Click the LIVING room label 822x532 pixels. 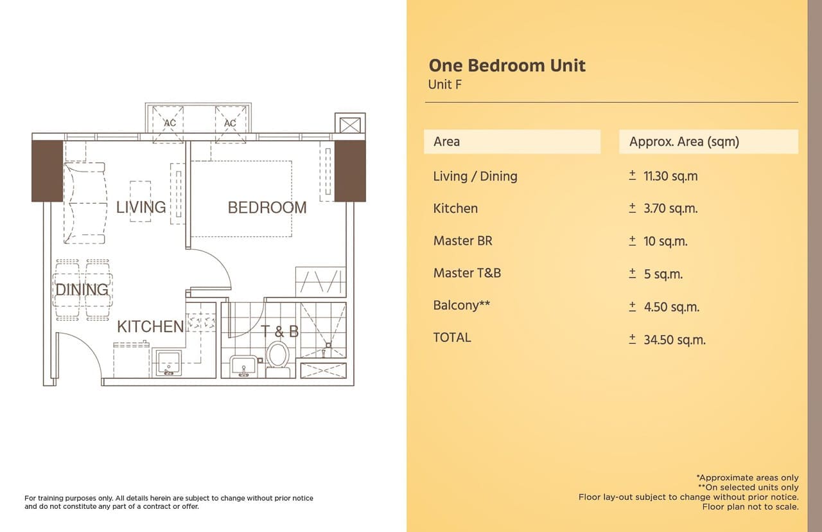[x=141, y=208]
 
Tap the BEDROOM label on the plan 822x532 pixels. [x=267, y=208]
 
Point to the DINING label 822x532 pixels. [x=82, y=290]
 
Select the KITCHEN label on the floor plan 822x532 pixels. [x=150, y=327]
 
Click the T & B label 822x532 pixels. [x=279, y=332]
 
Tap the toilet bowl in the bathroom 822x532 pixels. [x=277, y=359]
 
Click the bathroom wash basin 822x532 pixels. [x=243, y=366]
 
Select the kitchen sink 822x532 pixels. [x=168, y=363]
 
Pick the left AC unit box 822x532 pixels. [x=168, y=124]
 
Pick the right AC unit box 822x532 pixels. [x=231, y=124]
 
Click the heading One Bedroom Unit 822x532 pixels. [x=507, y=66]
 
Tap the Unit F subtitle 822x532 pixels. [x=445, y=85]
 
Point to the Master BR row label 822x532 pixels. [x=463, y=241]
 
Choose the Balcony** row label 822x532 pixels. [x=462, y=305]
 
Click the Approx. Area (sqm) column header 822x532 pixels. [x=684, y=142]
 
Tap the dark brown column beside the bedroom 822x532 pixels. [x=350, y=171]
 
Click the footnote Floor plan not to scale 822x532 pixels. [x=751, y=507]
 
